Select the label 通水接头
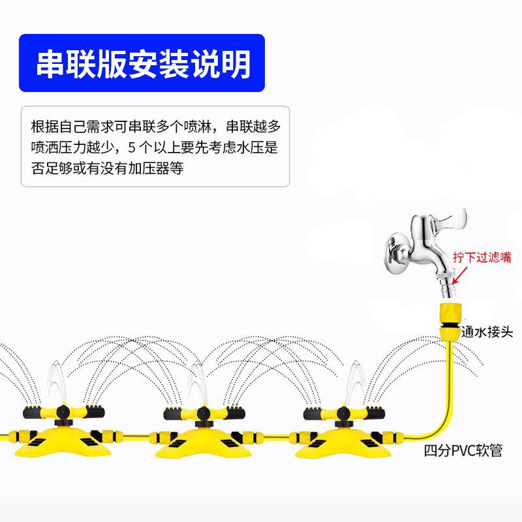(485, 331)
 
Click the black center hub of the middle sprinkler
(199, 412)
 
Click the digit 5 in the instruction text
(134, 147)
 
